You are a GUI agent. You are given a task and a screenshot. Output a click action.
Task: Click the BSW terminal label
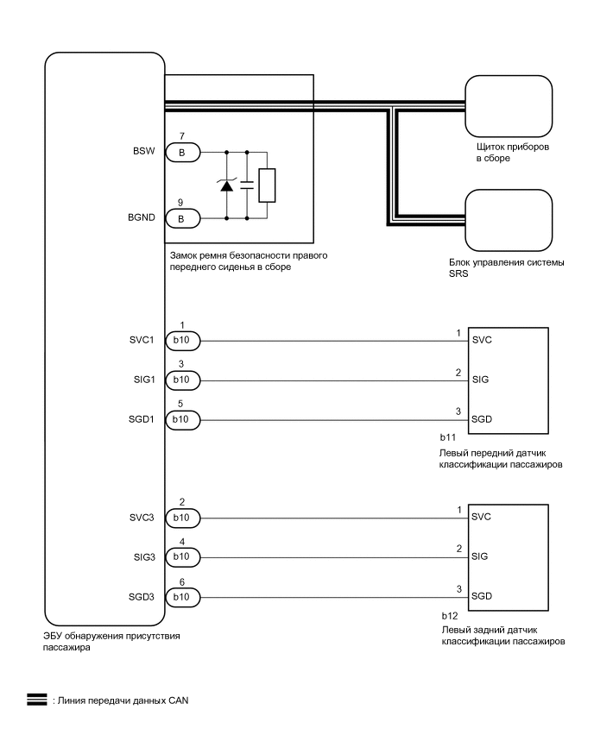click(144, 152)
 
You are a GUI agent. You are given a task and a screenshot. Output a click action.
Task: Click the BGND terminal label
click(142, 217)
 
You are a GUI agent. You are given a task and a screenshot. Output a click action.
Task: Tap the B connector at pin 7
click(181, 153)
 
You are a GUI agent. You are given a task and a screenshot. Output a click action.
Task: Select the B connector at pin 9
click(181, 218)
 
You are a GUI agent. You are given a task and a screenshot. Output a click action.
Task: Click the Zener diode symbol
click(228, 185)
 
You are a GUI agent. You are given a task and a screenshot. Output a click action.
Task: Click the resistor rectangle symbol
click(268, 185)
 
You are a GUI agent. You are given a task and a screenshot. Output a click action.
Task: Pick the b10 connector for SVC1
click(181, 342)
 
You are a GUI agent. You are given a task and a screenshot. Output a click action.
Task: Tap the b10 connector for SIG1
click(181, 380)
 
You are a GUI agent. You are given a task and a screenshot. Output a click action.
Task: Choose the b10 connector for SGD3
click(181, 596)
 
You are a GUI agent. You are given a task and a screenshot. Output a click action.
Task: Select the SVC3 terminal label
click(142, 518)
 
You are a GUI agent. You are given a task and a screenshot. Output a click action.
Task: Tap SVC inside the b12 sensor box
click(482, 517)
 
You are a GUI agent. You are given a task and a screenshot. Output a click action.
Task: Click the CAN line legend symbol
click(36, 700)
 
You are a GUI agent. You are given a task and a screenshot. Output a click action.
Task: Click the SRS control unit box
click(508, 219)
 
